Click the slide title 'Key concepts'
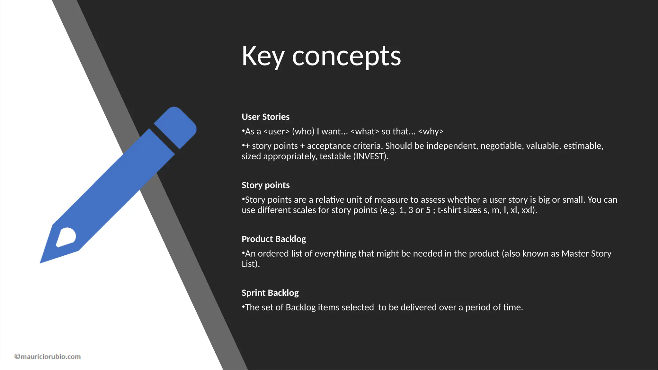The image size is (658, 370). (x=321, y=56)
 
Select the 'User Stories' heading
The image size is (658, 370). (x=265, y=117)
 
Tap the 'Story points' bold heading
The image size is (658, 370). (x=265, y=185)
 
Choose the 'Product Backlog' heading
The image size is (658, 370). (x=273, y=239)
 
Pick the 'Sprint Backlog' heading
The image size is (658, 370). (x=270, y=293)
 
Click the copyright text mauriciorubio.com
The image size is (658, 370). (x=48, y=357)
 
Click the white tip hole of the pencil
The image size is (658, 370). (x=67, y=237)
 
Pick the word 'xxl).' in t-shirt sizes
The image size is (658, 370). (x=529, y=210)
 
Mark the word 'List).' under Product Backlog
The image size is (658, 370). (x=251, y=264)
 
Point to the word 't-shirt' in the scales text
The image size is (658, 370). (x=449, y=210)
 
